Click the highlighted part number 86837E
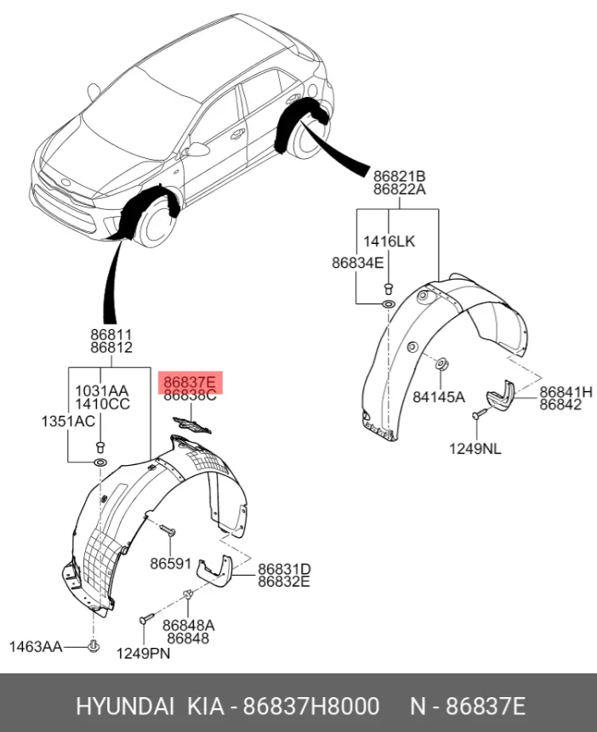[x=189, y=383]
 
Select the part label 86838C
[x=190, y=396]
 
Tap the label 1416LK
[x=389, y=241]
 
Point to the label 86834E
[x=357, y=263]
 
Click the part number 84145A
[x=439, y=397]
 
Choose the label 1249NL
[x=475, y=449]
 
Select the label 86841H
[x=566, y=392]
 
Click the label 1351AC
[x=68, y=421]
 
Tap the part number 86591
[x=170, y=564]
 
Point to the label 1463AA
[x=36, y=647]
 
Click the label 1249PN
[x=143, y=653]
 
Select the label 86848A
[x=189, y=625]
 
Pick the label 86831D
[x=285, y=569]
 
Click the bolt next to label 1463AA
[x=94, y=646]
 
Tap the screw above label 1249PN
[x=145, y=618]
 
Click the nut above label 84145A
[x=441, y=364]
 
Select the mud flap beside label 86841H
[x=500, y=397]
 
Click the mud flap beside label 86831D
[x=214, y=571]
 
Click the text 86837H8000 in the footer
[x=311, y=706]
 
